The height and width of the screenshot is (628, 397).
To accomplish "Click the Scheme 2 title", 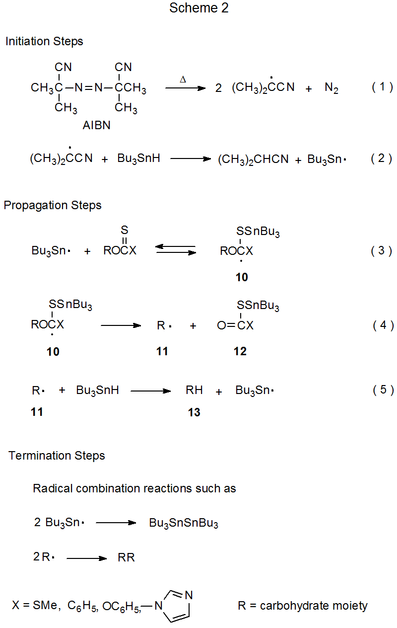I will (x=198, y=8).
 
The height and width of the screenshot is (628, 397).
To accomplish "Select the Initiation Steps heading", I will (x=44, y=42).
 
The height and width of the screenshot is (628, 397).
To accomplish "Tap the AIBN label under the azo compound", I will (x=96, y=126).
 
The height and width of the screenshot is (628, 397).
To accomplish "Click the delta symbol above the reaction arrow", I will (x=183, y=79).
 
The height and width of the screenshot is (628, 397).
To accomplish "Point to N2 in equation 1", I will (x=331, y=88).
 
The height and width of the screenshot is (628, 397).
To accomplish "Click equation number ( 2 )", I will (x=382, y=158).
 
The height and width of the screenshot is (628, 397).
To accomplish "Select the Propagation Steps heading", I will (x=53, y=206).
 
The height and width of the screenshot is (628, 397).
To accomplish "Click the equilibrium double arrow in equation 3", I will (x=175, y=249).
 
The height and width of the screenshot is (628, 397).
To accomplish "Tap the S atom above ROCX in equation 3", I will (x=125, y=230).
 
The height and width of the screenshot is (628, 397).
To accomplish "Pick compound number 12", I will (x=240, y=351).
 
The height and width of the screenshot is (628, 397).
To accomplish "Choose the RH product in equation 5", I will (x=194, y=391).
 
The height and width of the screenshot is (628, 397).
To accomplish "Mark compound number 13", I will (x=194, y=412).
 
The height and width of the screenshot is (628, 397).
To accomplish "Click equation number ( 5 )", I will (x=383, y=390).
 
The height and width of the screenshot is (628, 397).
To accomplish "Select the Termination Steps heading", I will (x=57, y=456).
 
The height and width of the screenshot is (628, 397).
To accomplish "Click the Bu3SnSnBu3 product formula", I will (x=184, y=524).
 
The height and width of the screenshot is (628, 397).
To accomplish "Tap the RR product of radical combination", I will (x=126, y=557).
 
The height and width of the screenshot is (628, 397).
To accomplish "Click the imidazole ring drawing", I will (x=177, y=605).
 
